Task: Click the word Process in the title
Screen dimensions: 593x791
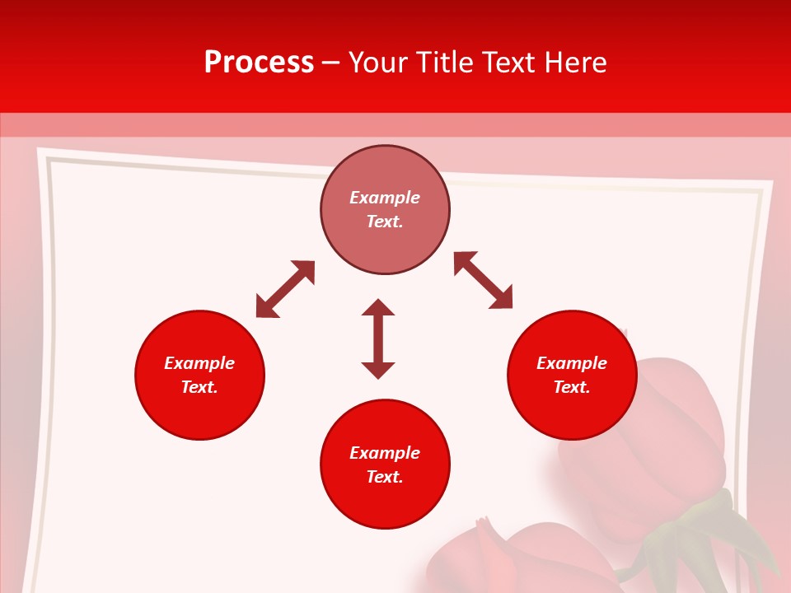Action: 259,63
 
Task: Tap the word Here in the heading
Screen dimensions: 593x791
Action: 574,63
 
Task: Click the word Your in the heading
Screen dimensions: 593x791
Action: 377,63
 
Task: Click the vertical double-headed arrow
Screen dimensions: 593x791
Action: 378,339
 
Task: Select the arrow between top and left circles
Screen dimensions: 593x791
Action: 285,289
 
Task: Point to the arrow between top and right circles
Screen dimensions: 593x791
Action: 483,280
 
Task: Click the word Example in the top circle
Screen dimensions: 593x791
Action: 385,198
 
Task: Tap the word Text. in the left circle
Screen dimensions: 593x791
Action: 199,387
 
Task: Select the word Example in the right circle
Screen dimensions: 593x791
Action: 572,363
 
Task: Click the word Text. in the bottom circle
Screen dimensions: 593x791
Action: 385,477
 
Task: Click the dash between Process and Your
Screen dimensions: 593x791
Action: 331,63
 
